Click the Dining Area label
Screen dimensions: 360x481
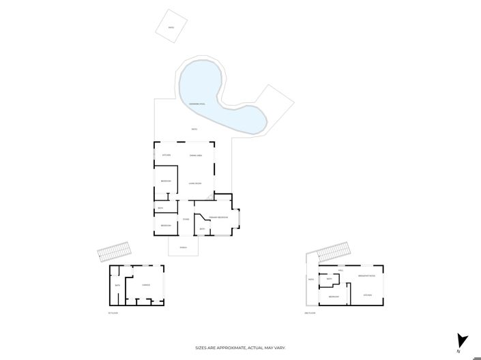click(x=195, y=156)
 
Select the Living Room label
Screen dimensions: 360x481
click(x=195, y=183)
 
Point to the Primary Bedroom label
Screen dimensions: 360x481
click(x=218, y=217)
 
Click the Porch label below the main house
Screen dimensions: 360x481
click(x=183, y=247)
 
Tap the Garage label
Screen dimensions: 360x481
click(x=146, y=285)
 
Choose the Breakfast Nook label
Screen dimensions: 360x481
click(x=367, y=275)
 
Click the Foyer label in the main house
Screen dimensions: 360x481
click(x=186, y=220)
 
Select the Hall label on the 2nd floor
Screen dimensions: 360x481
click(x=340, y=270)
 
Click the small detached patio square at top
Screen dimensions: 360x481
click(x=171, y=27)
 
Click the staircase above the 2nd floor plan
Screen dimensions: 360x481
click(x=334, y=252)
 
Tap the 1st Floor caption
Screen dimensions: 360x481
click(x=113, y=313)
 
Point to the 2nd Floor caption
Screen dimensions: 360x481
click(x=310, y=313)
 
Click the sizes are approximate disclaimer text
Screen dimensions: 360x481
click(x=240, y=348)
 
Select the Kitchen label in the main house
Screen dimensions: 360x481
click(x=166, y=156)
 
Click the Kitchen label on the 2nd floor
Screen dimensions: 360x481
click(x=367, y=295)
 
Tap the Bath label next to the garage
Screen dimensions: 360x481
click(x=117, y=285)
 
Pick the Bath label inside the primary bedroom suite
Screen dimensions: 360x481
click(x=202, y=228)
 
